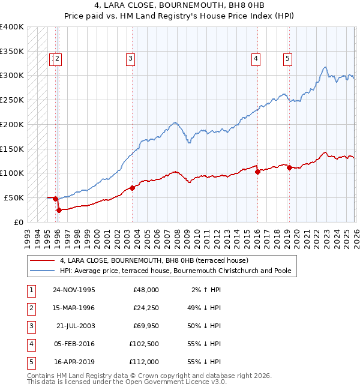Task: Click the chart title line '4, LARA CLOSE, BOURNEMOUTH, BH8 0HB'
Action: tap(179, 5)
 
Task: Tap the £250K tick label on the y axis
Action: tap(12, 100)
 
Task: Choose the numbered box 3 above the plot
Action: tap(130, 58)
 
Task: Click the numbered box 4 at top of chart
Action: tap(256, 58)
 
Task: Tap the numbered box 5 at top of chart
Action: tap(288, 58)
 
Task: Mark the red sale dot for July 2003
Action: tap(132, 188)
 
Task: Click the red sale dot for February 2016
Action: tap(257, 172)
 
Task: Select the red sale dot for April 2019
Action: tap(289, 167)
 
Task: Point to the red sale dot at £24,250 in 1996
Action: tap(59, 210)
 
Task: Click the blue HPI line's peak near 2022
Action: tap(324, 67)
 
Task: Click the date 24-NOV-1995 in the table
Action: tap(74, 290)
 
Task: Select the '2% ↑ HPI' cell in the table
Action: tap(205, 290)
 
